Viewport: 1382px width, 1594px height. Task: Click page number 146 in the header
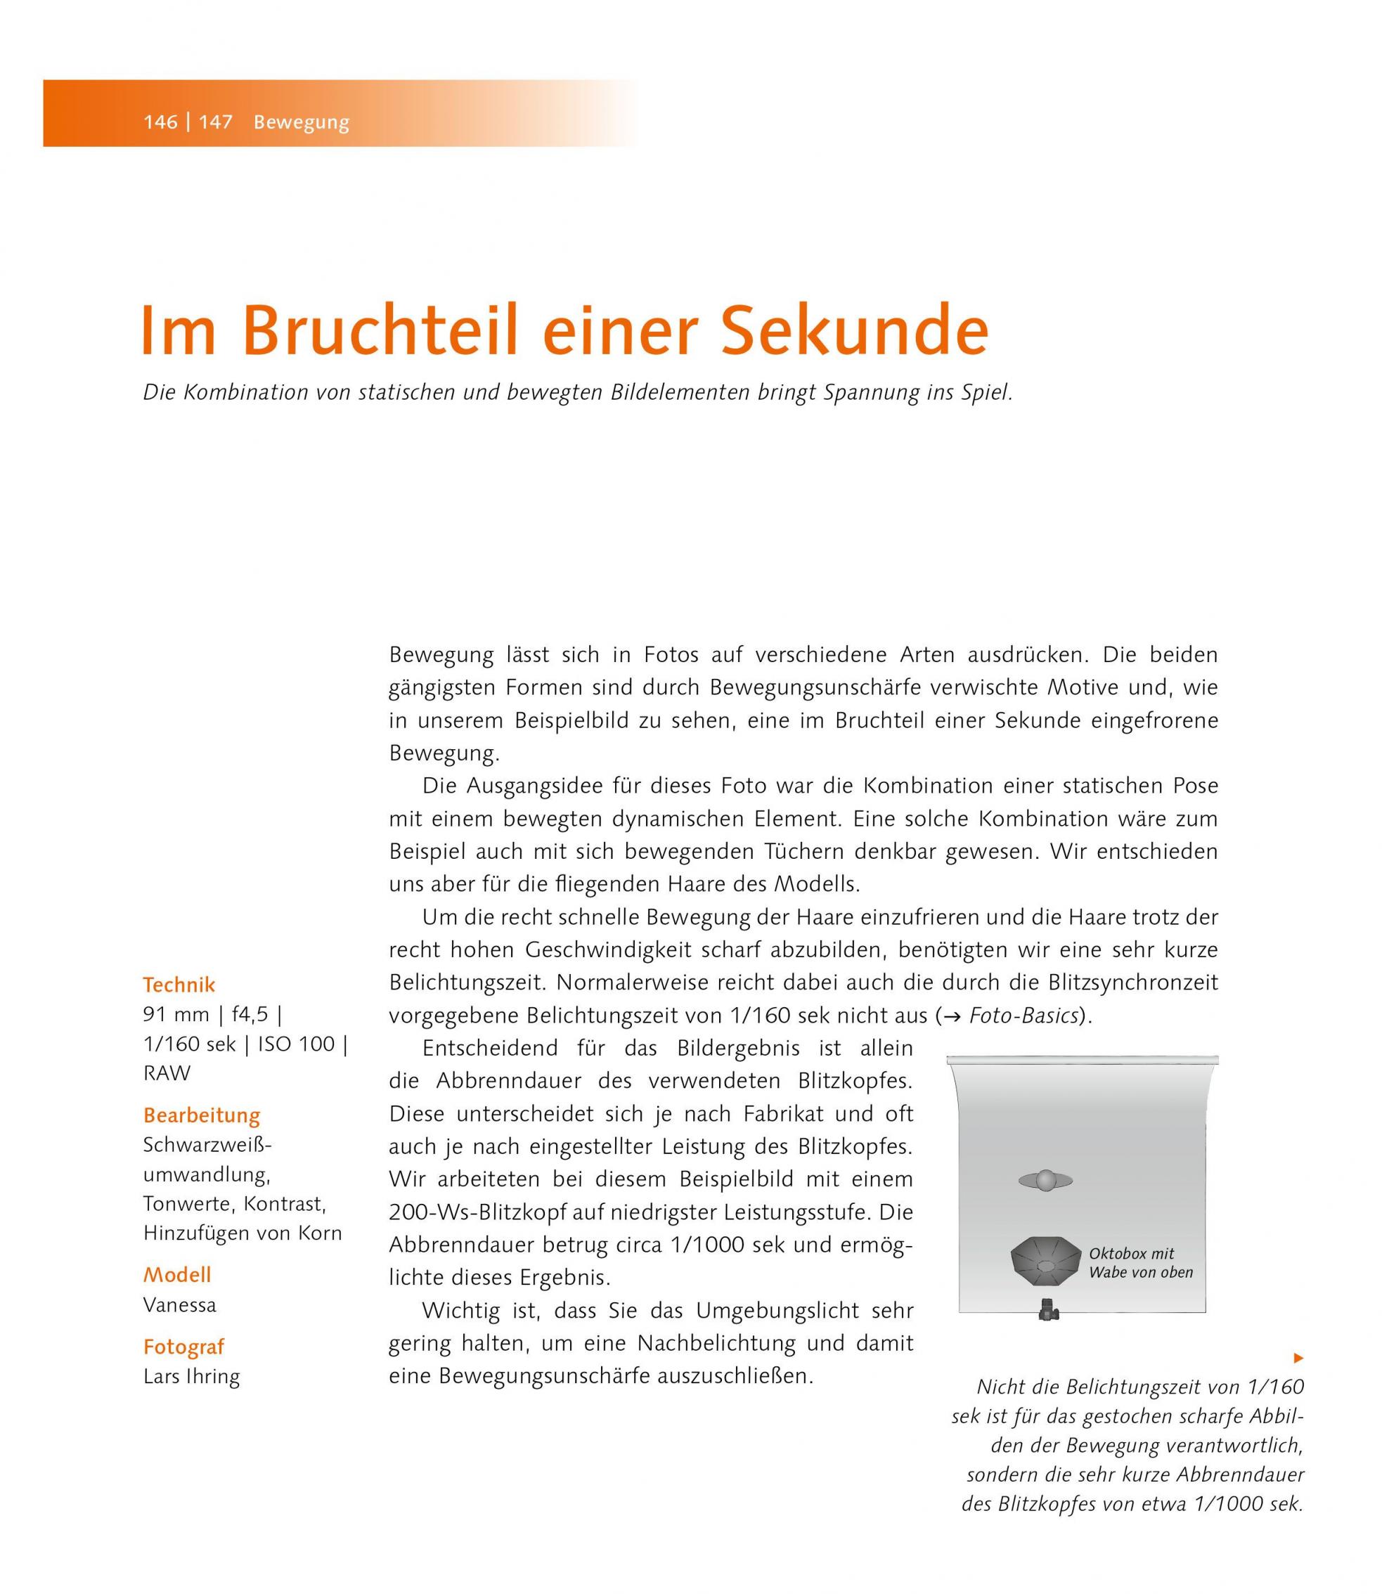pos(160,122)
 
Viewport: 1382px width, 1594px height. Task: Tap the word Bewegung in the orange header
pos(301,122)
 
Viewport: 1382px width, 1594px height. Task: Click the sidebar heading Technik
pos(179,985)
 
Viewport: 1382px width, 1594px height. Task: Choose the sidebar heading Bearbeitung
pos(201,1115)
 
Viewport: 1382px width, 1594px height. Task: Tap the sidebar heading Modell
pos(176,1275)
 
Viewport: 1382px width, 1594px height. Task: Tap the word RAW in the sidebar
pos(167,1073)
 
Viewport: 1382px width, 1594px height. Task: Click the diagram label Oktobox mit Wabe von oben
pos(1140,1263)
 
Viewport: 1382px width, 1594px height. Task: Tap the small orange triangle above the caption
pos(1298,1358)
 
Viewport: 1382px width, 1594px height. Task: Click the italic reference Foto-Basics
pos(1023,1016)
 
